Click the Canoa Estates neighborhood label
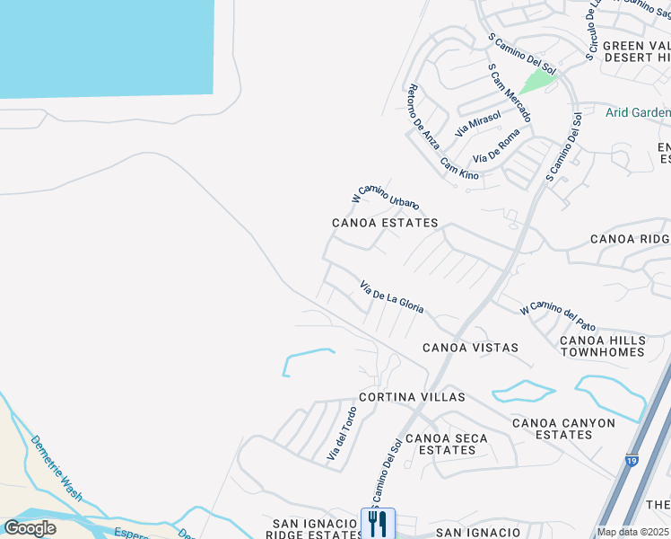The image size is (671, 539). point(385,223)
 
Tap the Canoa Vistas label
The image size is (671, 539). point(470,348)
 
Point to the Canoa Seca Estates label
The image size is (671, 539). point(447,444)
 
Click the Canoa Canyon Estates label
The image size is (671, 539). point(563,429)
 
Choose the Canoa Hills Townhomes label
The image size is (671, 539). point(602,346)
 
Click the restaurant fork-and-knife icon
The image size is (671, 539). point(378,523)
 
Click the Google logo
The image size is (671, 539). point(30,528)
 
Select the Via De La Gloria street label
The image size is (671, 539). point(392,296)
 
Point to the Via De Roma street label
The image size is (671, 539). point(496,145)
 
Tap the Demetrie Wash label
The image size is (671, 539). point(57,469)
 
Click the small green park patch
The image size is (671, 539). point(538,81)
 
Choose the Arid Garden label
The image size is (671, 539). point(638,112)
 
